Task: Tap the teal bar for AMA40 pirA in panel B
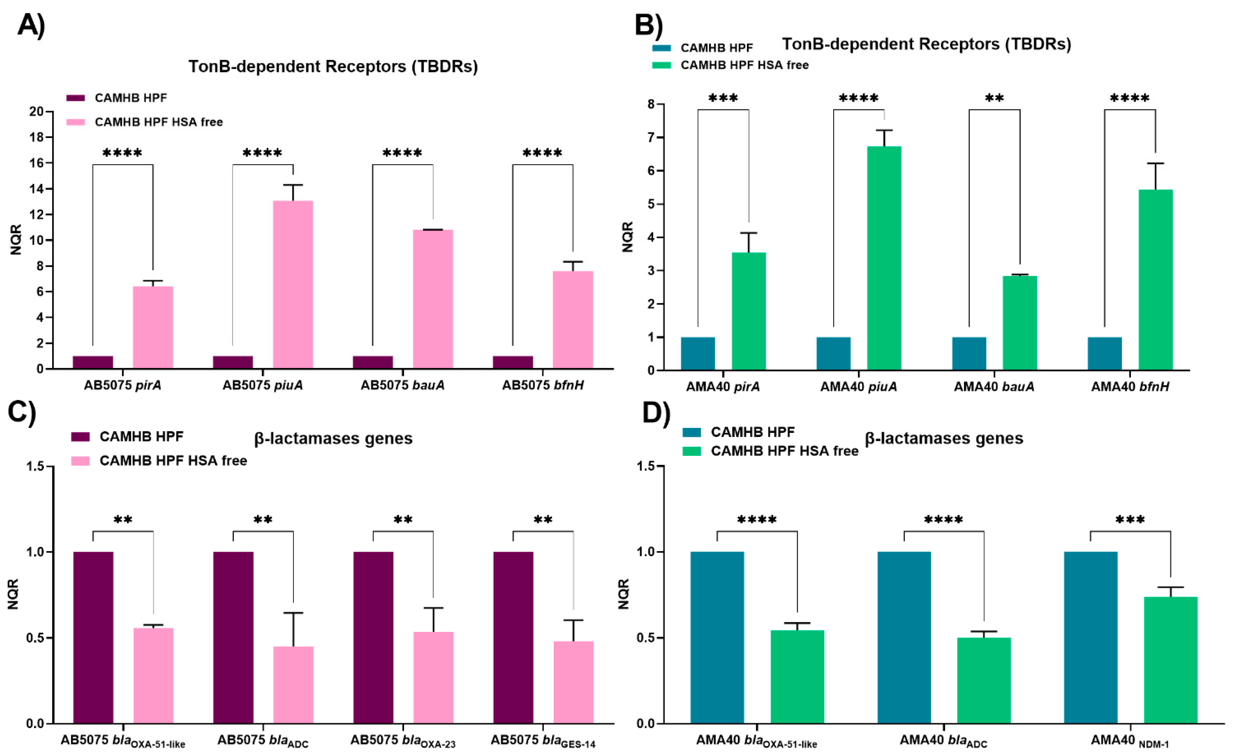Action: click(698, 354)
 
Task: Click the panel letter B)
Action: click(649, 24)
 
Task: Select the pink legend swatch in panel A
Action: click(76, 122)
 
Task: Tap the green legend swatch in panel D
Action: click(692, 451)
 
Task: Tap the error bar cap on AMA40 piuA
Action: click(884, 130)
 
